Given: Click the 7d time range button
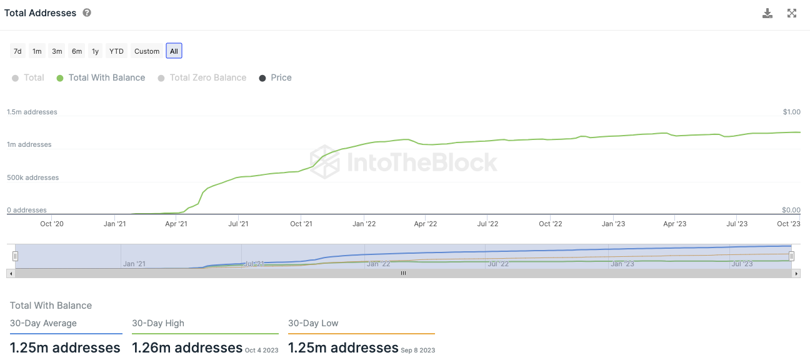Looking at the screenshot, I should pos(17,51).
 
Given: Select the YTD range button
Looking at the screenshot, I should pos(116,51).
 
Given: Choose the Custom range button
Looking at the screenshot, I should pos(147,51).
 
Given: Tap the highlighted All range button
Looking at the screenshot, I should pos(174,51).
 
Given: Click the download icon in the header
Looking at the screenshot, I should pos(767,13).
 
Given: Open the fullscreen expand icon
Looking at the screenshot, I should pos(792,13).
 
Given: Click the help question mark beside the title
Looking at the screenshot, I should pos(87,12).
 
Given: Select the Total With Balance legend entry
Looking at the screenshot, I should pos(101,77).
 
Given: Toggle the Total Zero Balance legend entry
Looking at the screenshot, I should pos(202,77).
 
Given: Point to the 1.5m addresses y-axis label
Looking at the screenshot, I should pos(32,112).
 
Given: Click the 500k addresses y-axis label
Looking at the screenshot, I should pos(32,177).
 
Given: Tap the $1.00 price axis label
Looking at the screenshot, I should pos(791,112).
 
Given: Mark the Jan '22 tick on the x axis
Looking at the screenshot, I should pos(364,224).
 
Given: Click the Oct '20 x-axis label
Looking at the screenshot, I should pos(51,224).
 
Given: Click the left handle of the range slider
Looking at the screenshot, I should pos(16,256).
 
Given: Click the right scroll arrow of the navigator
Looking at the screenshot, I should pos(796,274).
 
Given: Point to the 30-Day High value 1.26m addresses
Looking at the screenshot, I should pos(187,347).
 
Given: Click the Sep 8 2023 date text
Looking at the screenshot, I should pos(418,351).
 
